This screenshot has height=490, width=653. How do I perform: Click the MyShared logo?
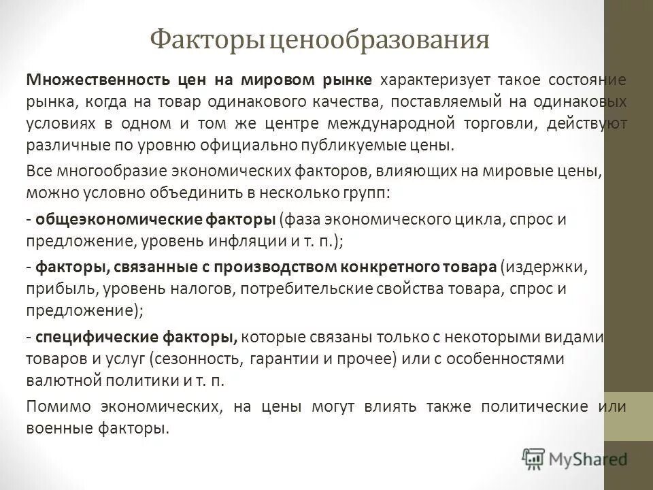click(x=575, y=458)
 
